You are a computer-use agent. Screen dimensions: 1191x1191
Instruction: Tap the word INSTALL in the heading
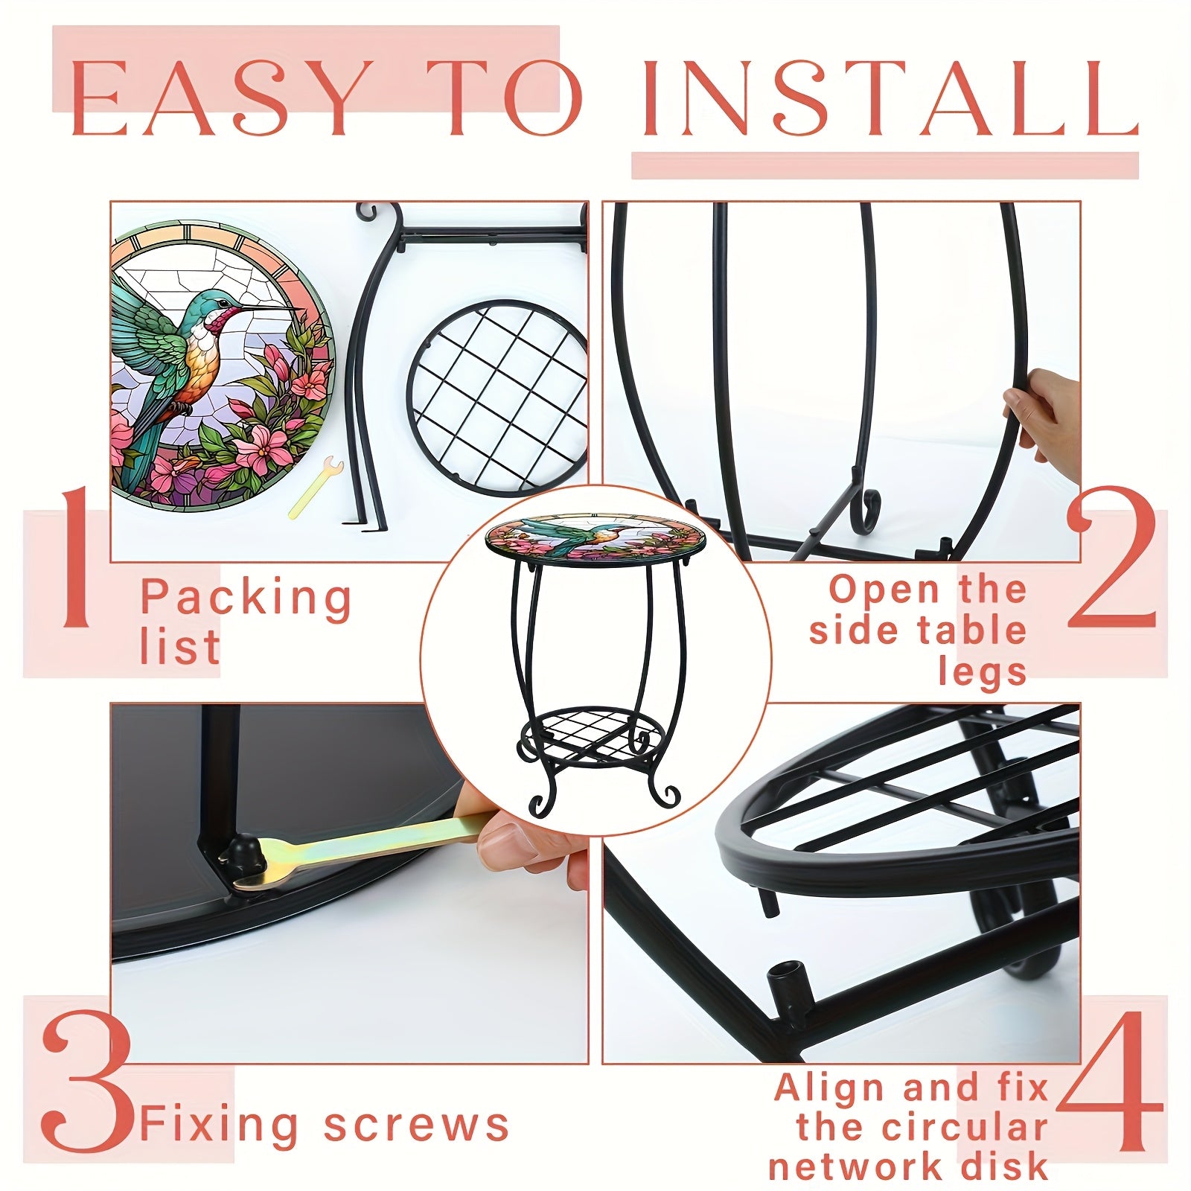[x=890, y=98]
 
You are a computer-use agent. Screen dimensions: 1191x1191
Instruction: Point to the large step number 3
[x=87, y=1080]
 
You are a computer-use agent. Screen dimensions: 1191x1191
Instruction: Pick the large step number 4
[x=1109, y=1080]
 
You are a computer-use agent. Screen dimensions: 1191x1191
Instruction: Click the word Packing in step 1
[x=246, y=598]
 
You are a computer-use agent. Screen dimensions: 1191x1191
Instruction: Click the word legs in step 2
[x=983, y=672]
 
